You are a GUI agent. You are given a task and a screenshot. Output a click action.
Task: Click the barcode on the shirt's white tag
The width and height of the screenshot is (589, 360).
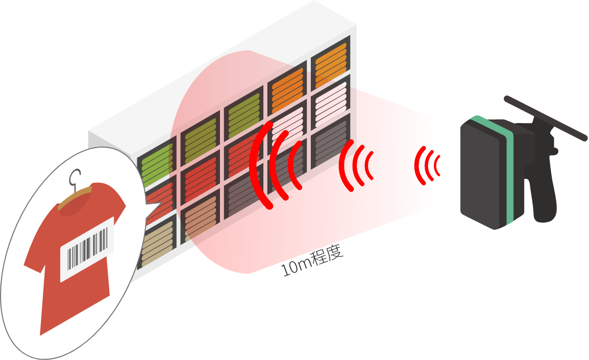[87, 248]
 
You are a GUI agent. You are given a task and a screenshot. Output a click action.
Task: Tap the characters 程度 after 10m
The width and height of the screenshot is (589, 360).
[328, 255]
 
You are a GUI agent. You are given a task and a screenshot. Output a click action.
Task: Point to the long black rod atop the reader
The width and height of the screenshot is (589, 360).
[545, 118]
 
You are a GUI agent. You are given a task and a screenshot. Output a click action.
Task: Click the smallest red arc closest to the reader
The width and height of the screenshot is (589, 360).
[437, 165]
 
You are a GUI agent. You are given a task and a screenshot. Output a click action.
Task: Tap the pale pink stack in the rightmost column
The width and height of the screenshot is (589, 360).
[331, 103]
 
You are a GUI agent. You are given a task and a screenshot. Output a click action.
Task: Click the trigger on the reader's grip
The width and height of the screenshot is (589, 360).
[553, 150]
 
